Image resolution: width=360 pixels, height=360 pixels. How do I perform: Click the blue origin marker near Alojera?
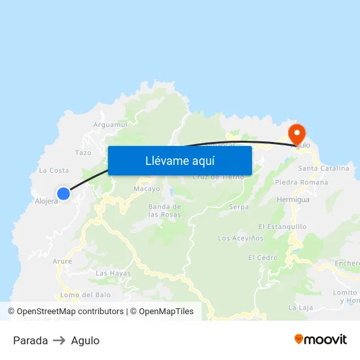tap(63, 193)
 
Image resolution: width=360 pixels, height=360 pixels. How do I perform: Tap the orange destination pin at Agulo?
tap(297, 134)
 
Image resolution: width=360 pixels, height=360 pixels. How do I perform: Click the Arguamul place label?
tap(111, 124)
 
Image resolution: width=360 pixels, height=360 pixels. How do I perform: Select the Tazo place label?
tap(83, 153)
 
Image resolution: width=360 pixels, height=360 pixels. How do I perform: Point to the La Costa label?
tap(54, 170)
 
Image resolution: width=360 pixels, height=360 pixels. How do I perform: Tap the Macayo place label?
tap(147, 189)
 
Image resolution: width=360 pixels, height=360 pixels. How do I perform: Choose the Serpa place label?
tap(239, 207)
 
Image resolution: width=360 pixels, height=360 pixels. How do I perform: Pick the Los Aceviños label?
tap(240, 238)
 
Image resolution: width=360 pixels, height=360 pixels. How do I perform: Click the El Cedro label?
tap(262, 258)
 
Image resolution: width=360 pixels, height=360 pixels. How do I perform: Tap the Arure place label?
tap(62, 261)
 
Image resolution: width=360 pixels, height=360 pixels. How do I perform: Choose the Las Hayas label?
tap(113, 273)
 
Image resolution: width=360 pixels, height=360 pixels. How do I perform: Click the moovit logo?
tap(320, 340)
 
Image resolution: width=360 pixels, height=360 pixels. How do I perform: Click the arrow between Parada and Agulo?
tap(60, 340)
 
